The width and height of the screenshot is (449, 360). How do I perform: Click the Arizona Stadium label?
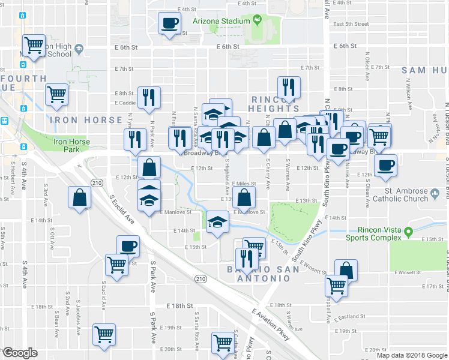coord(221,21)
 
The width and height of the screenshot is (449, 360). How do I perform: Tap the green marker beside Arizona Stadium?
coord(257,20)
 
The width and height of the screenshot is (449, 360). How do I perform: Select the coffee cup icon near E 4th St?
coord(169,23)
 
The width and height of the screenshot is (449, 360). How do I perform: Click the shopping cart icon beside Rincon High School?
coord(34,45)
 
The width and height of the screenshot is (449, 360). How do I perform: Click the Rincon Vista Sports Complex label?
coord(379,233)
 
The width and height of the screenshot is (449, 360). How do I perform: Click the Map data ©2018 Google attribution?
coord(411,355)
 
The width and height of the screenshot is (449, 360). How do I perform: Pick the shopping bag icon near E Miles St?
coord(244,196)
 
